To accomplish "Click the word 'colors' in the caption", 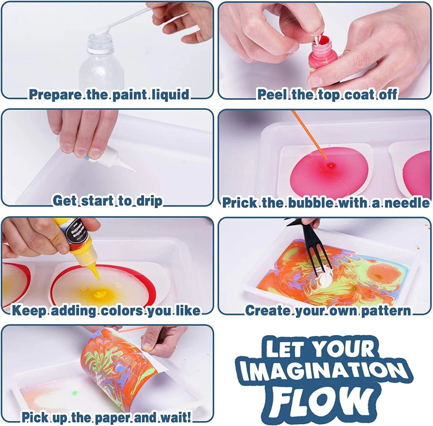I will [x=122, y=310].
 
